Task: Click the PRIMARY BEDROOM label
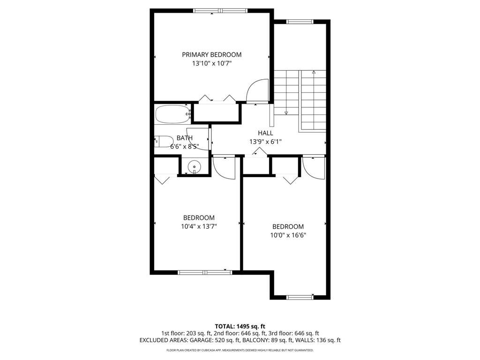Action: [212, 55]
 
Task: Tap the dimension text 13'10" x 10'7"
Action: [212, 63]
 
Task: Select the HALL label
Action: [265, 133]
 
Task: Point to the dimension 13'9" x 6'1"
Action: [265, 141]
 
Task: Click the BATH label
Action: [184, 138]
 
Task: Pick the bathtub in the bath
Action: [172, 114]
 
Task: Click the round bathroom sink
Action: [194, 166]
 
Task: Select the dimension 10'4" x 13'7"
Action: [199, 226]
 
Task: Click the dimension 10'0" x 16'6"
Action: [288, 235]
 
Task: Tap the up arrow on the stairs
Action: [313, 73]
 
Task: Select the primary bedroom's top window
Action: [220, 11]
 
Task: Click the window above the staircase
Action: [300, 22]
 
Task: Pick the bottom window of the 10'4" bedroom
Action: [205, 272]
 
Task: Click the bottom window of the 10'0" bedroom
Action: [300, 297]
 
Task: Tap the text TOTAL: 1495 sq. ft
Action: [240, 326]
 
